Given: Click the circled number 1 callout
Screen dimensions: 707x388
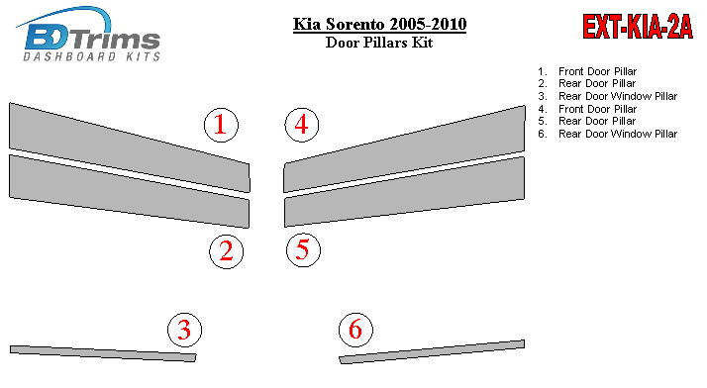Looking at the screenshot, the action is click(x=221, y=125).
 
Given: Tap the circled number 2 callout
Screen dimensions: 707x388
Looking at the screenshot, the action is click(x=227, y=251).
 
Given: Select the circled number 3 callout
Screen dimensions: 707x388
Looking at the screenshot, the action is click(x=184, y=330).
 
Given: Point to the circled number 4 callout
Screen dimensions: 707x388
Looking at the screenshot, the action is click(x=302, y=125).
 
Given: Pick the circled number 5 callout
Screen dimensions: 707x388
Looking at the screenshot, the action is click(x=303, y=250).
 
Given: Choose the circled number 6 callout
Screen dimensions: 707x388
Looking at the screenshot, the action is click(x=355, y=330).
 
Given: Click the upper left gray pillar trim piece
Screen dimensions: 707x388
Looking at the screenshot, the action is click(x=130, y=147).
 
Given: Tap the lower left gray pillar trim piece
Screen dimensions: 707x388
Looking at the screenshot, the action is click(x=130, y=191).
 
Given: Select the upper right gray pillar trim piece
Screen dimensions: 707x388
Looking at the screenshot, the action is click(x=404, y=149).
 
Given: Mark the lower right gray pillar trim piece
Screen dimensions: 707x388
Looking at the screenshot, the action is click(x=404, y=192).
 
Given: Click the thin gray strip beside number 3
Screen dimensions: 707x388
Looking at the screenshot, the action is click(x=103, y=353).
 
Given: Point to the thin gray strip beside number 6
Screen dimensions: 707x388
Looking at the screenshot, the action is click(x=432, y=352).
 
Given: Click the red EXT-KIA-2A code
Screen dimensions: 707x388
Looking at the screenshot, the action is click(x=637, y=27).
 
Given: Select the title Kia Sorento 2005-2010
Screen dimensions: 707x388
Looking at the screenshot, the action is click(x=379, y=24).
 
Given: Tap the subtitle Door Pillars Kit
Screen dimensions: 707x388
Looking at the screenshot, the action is click(x=379, y=43).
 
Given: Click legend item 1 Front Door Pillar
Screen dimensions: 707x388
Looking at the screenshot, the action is click(x=587, y=71).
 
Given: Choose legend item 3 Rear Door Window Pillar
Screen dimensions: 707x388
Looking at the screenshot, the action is click(x=607, y=96).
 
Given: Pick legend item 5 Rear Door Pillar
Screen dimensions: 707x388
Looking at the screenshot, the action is click(x=586, y=121).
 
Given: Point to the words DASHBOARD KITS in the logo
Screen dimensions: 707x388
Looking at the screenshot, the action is click(x=91, y=56).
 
